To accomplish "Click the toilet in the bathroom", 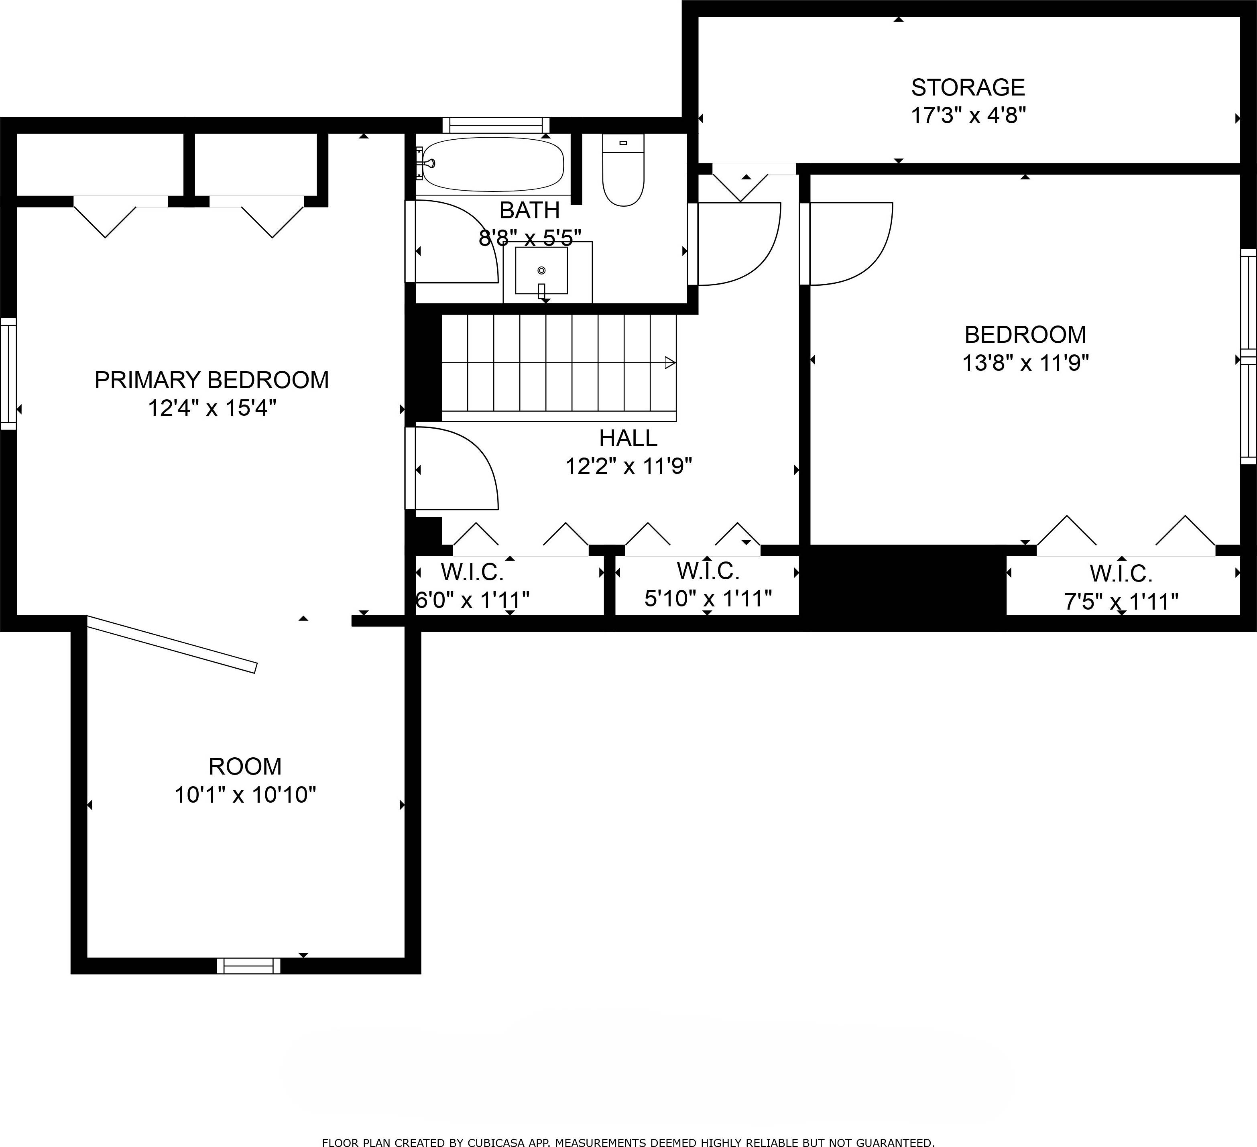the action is coord(623,169).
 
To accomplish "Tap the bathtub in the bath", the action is coord(492,164).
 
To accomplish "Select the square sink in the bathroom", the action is coord(541,270).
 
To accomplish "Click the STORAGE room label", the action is coord(968,87).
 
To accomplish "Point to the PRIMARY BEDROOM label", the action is coord(212,380).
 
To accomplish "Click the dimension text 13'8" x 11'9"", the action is coord(1026,363).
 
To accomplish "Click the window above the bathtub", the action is coord(496,125).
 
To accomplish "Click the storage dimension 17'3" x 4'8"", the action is coord(968,116).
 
